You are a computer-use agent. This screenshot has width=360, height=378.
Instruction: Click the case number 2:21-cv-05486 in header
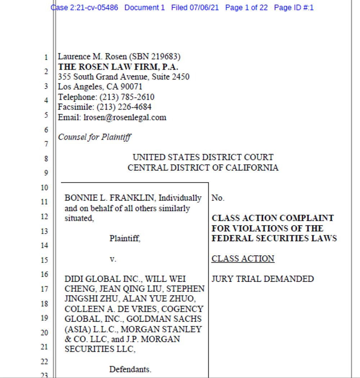coord(95,8)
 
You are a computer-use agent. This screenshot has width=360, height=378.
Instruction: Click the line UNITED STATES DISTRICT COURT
coord(203,158)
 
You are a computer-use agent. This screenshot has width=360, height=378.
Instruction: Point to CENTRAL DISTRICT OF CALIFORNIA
coord(203,168)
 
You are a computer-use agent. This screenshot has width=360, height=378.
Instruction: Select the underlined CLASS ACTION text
coord(243,259)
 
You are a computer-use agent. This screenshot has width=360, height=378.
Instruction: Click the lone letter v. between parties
coord(112,259)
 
